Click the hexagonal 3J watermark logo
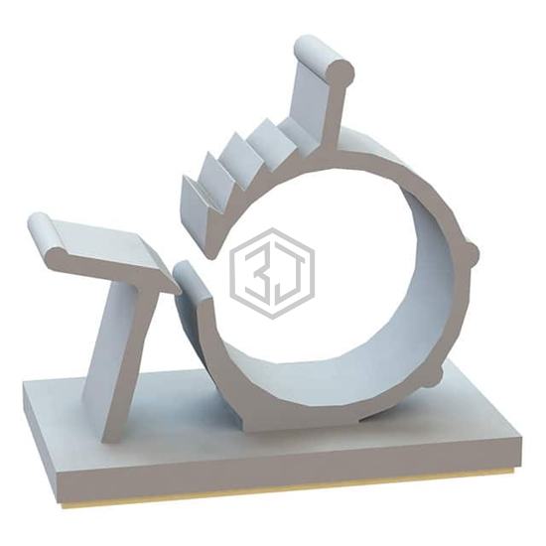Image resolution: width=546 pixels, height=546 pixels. pos(272,274)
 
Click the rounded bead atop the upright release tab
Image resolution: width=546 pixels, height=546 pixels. pos(325,62)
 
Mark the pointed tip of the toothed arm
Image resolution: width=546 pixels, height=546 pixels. pos(211,257)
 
